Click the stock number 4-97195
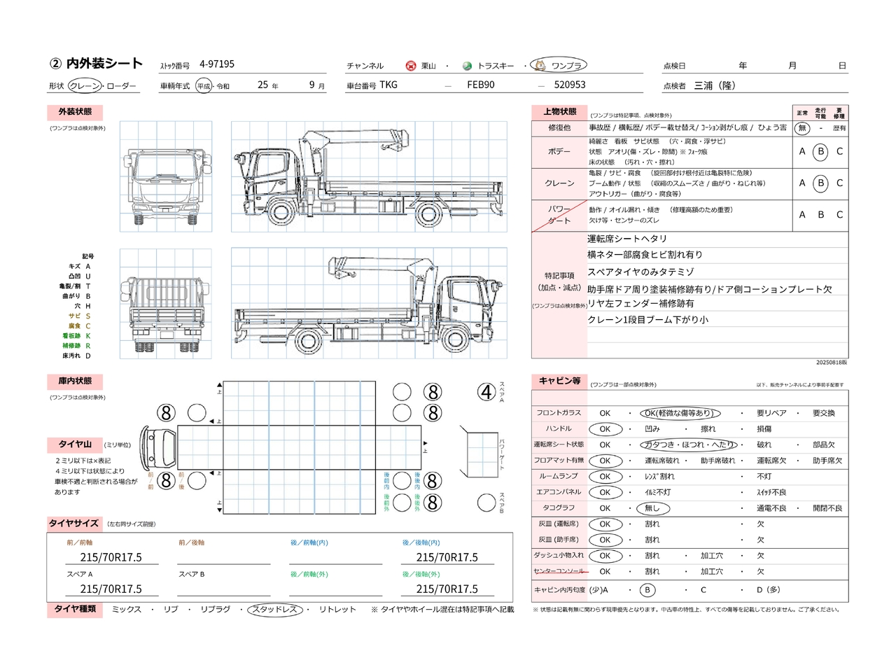click(x=217, y=64)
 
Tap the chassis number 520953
click(x=570, y=85)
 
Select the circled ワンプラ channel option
click(x=559, y=66)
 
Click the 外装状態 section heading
click(x=75, y=112)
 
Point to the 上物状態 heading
click(x=560, y=112)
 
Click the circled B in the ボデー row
click(x=820, y=151)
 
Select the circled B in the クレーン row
click(x=820, y=183)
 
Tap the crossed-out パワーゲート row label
click(x=559, y=215)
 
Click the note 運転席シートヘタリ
click(x=627, y=239)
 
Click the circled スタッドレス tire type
click(x=275, y=610)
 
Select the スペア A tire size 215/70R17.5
click(x=111, y=589)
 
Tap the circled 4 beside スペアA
click(x=486, y=392)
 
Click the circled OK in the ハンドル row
click(x=605, y=429)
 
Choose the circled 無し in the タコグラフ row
click(x=652, y=508)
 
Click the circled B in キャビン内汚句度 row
click(x=647, y=590)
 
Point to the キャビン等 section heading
click(x=560, y=381)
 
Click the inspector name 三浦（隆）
click(x=715, y=85)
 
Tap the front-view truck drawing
click(x=166, y=176)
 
